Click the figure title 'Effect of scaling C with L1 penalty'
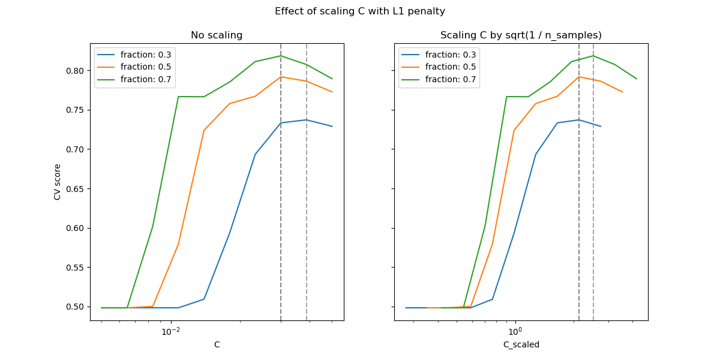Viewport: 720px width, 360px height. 359,11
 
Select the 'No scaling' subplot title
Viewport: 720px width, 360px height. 217,35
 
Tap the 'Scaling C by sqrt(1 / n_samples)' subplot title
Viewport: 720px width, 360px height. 521,35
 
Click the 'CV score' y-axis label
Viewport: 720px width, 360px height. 58,182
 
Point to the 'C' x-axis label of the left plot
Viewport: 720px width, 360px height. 217,344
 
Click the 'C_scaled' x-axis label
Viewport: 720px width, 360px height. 521,344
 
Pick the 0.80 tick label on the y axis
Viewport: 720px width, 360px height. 76,71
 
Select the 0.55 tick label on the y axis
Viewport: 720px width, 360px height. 76,268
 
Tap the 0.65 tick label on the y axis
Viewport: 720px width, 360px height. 76,189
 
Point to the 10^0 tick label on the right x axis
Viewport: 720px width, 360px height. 515,331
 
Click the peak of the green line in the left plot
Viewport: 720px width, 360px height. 281,56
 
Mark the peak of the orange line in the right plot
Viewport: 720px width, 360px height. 579,77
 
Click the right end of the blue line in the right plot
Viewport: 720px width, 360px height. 601,126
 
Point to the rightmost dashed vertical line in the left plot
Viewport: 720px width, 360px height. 307,180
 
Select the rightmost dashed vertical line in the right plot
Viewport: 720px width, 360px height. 593,180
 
